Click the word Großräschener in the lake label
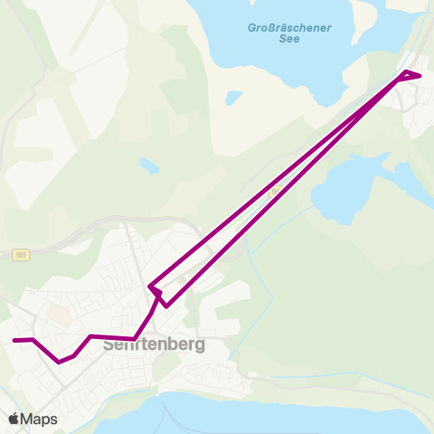point(290,28)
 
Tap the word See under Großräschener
point(290,41)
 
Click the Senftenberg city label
point(155,344)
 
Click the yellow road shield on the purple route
point(275,192)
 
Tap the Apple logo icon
point(14,419)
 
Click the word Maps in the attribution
point(39,419)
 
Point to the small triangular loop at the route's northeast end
point(410,76)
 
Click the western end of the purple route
point(14,340)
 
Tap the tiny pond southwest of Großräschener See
point(234,97)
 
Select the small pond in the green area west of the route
point(149,166)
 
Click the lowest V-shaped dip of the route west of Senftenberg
point(60,362)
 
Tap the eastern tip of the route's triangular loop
point(420,75)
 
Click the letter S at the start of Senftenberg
point(108,344)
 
